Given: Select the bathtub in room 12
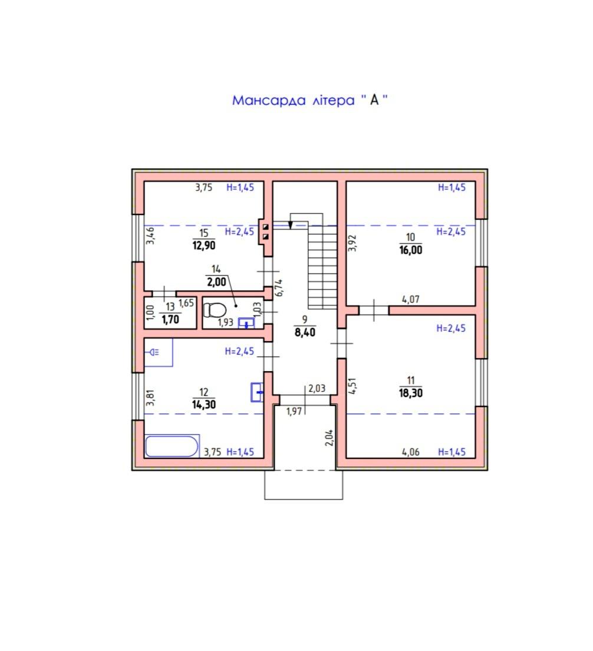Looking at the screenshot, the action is coord(172,446).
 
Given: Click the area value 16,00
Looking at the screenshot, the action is coord(411,250).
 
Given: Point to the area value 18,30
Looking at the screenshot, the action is coord(411,393).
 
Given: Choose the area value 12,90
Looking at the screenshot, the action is coord(204,245).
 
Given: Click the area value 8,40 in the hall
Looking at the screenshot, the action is coord(305,332).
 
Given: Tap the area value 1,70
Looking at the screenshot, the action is coord(170,319).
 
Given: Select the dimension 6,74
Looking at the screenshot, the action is coord(279,288).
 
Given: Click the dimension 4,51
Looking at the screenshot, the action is coord(352,386).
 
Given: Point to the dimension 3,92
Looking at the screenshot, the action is coord(352,243).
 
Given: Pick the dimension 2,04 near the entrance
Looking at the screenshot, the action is coord(329,438).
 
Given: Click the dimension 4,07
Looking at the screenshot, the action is coord(411,299).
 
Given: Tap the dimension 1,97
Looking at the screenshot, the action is coord(294,411).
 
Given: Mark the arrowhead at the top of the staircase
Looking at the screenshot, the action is coord(290,224).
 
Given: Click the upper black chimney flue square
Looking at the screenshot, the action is coord(266,227).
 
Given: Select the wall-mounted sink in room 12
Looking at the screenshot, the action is coord(257,392).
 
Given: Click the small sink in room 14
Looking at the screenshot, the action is coord(246,323).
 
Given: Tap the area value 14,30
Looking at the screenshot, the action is coord(204,404).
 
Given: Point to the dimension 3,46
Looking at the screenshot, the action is coord(150,235).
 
